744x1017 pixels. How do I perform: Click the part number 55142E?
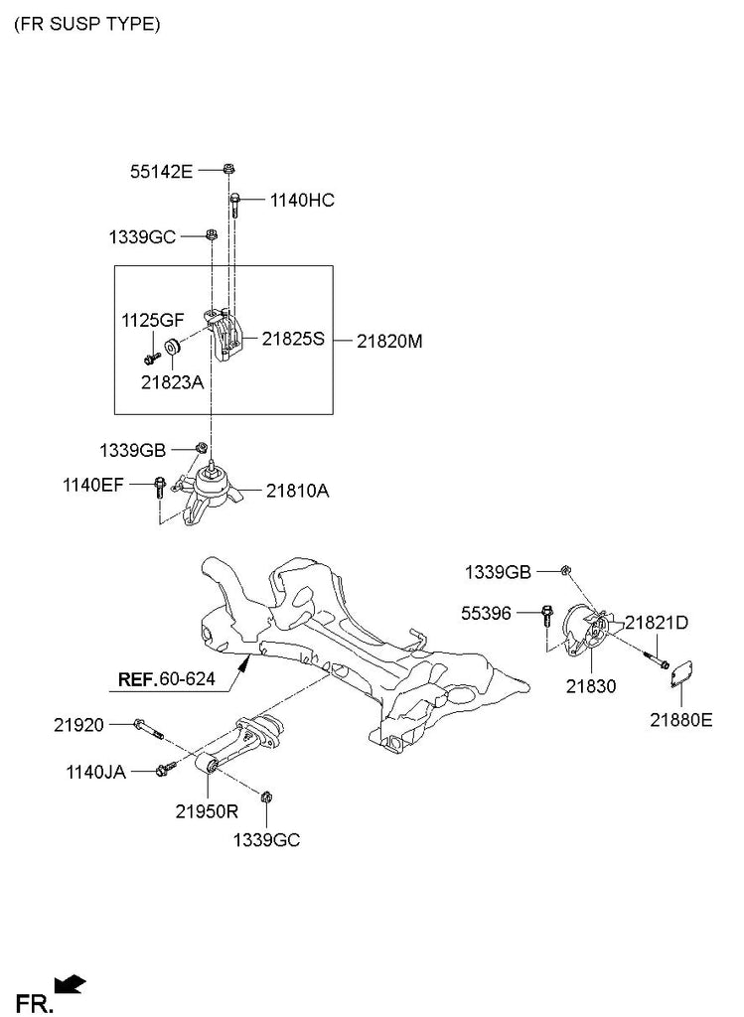161,171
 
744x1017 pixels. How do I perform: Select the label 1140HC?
302,201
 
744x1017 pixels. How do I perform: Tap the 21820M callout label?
389,341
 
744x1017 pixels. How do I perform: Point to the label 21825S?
293,339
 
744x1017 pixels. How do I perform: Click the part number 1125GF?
153,320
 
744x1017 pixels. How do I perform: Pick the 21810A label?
297,490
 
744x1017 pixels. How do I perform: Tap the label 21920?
78,726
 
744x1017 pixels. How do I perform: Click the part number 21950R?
208,810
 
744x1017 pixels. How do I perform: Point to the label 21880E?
681,720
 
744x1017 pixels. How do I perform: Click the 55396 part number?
487,614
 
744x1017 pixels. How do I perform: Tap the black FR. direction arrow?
70,984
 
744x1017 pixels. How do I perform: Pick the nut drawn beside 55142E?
228,169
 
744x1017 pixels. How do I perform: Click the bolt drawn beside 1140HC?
235,204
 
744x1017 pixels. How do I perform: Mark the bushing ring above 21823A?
172,347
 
